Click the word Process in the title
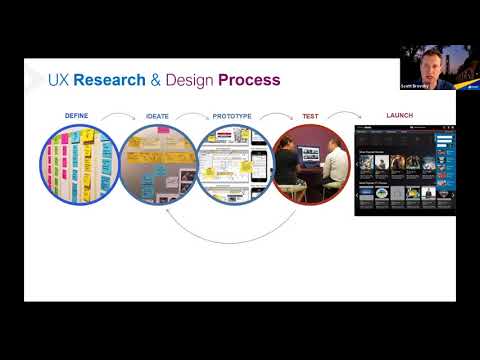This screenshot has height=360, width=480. coord(251,80)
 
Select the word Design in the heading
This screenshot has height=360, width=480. coord(192,80)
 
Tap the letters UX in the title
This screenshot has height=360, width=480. coord(59,80)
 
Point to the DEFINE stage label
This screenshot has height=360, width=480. coord(77,116)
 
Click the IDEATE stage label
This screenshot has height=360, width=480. coord(158,116)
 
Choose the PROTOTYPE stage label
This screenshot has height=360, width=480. coord(234,116)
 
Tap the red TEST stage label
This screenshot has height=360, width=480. coord(310,116)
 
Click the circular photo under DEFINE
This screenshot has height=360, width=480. coord(79,164)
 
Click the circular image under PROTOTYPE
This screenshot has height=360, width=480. coord(234,164)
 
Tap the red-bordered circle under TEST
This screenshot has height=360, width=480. coord(311,164)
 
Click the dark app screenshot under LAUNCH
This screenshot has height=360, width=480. coord(404,170)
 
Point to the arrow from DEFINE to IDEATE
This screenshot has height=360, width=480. coord(118,118)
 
